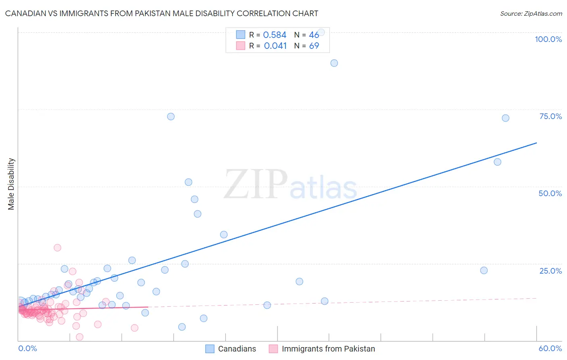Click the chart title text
tap(161, 13)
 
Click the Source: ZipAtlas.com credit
tap(531, 13)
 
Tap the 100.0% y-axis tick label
tap(548, 39)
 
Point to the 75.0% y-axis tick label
tap(550, 116)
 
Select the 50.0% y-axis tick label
tap(550, 193)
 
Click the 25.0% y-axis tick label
tap(550, 271)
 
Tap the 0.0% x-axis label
tap(27, 348)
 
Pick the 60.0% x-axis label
tap(550, 348)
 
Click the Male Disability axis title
tap(11, 184)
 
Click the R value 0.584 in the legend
tap(275, 35)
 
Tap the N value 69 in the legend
tap(314, 46)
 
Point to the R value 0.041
tap(275, 46)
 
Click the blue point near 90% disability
tap(334, 63)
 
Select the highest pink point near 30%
tap(57, 248)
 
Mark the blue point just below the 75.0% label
tap(505, 118)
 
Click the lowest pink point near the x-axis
tap(80, 337)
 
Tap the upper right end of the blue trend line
tap(536, 143)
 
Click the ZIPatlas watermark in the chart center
tap(290, 185)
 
